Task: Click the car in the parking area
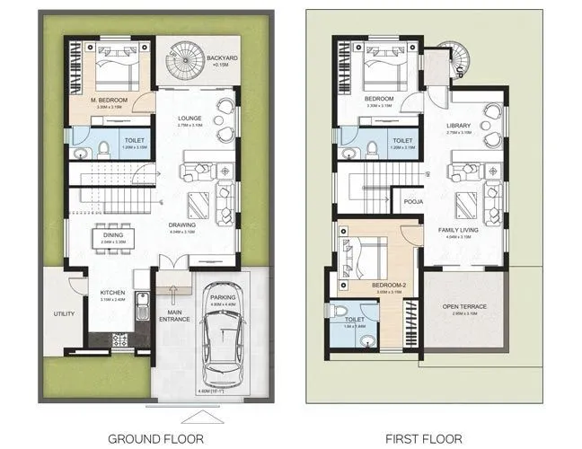[x=221, y=348]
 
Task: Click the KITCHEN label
[x=112, y=293]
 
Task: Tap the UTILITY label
[x=63, y=313]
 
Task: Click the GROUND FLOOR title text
[x=155, y=438]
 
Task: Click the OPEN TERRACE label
[x=464, y=307]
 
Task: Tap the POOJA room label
[x=413, y=202]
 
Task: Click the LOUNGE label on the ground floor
[x=189, y=118]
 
